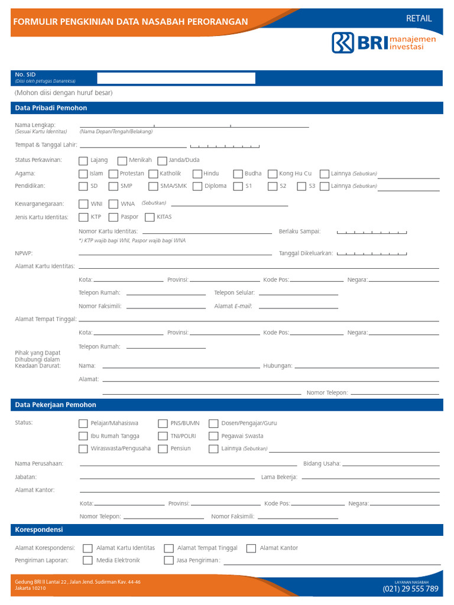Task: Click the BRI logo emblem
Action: coord(343,43)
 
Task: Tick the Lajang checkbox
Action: coord(83,160)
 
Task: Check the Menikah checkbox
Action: coord(122,160)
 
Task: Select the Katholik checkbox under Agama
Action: coord(153,174)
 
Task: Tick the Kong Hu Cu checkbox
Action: coord(273,174)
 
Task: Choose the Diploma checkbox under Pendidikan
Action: coord(197,186)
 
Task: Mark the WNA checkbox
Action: coord(113,204)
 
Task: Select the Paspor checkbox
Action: coord(113,217)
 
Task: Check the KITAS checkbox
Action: coord(150,217)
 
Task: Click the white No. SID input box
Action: coord(176,78)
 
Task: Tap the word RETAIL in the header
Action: coord(419,18)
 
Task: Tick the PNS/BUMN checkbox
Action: coord(163,423)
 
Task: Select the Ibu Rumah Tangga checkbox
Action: coord(83,436)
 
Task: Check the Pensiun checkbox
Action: coord(163,448)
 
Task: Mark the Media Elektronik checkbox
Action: coord(87,560)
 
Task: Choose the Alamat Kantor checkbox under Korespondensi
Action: coord(251,548)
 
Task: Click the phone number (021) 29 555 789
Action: coord(410,588)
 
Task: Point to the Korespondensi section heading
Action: coord(39,529)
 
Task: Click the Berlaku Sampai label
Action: coord(300,231)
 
